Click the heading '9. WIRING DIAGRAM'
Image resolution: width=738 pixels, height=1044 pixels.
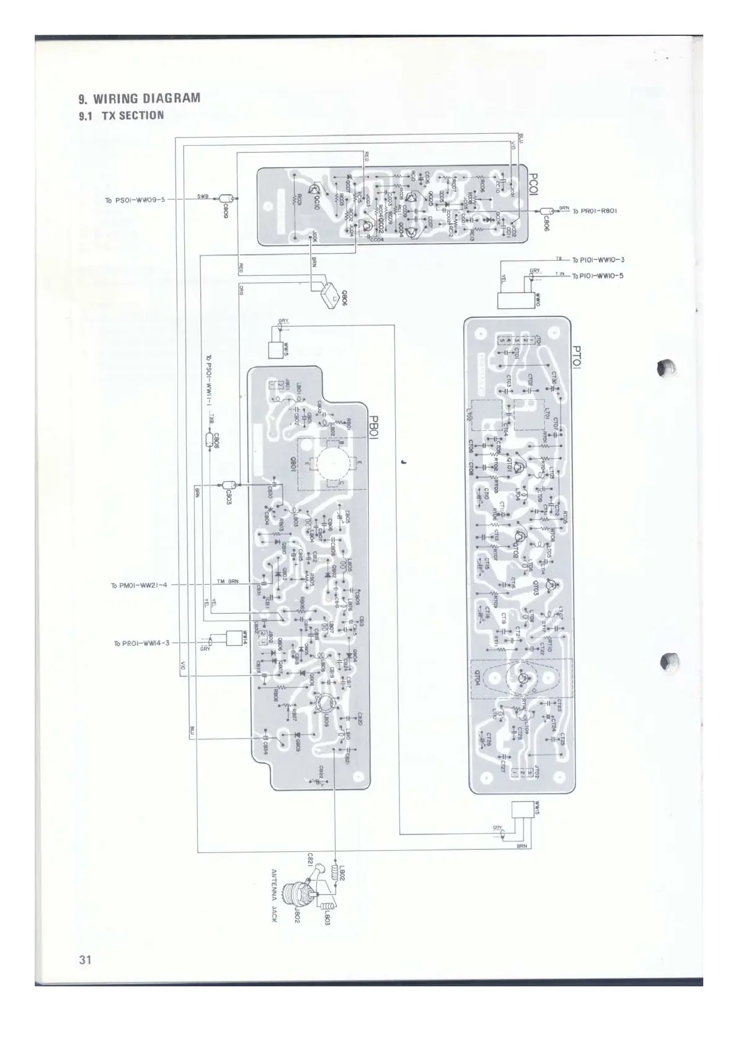(139, 98)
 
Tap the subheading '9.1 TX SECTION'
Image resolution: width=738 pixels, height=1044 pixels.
(122, 115)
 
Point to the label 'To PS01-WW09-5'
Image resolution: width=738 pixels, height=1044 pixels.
(135, 200)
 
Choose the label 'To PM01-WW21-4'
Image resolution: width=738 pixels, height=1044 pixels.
(139, 585)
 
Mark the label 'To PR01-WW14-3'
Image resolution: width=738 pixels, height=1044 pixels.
(141, 643)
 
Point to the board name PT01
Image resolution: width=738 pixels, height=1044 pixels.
(577, 358)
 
